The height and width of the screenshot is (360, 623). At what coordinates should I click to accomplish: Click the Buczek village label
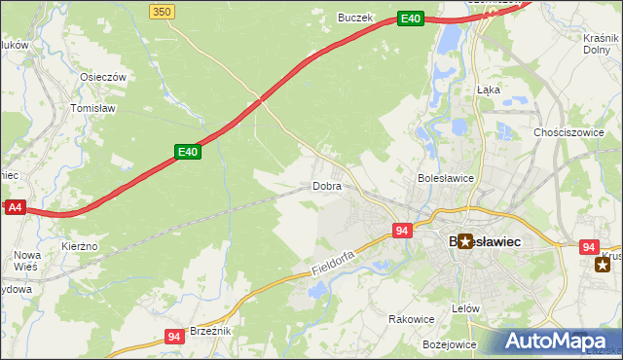pyautogui.click(x=355, y=17)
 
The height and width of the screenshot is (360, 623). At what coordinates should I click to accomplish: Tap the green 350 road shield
pyautogui.click(x=163, y=10)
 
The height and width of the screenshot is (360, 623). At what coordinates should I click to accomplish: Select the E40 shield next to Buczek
pyautogui.click(x=411, y=18)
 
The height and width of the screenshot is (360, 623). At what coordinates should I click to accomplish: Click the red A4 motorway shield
pyautogui.click(x=15, y=207)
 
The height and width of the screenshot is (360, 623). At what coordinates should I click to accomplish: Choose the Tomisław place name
pyautogui.click(x=93, y=109)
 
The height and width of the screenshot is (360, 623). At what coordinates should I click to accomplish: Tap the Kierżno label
pyautogui.click(x=80, y=247)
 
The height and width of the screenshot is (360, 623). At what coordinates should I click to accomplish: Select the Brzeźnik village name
pyautogui.click(x=210, y=331)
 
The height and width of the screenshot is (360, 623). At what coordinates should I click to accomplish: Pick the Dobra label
pyautogui.click(x=326, y=185)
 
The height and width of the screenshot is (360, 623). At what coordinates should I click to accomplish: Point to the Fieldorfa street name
pyautogui.click(x=337, y=258)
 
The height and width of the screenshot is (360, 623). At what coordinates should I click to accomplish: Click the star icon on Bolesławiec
pyautogui.click(x=465, y=240)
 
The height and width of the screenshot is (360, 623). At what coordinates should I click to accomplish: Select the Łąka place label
pyautogui.click(x=488, y=89)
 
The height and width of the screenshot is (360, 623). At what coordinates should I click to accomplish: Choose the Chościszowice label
pyautogui.click(x=570, y=132)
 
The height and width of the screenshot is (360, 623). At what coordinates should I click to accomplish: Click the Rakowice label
pyautogui.click(x=411, y=318)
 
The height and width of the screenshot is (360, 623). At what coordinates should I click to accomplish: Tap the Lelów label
pyautogui.click(x=466, y=307)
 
